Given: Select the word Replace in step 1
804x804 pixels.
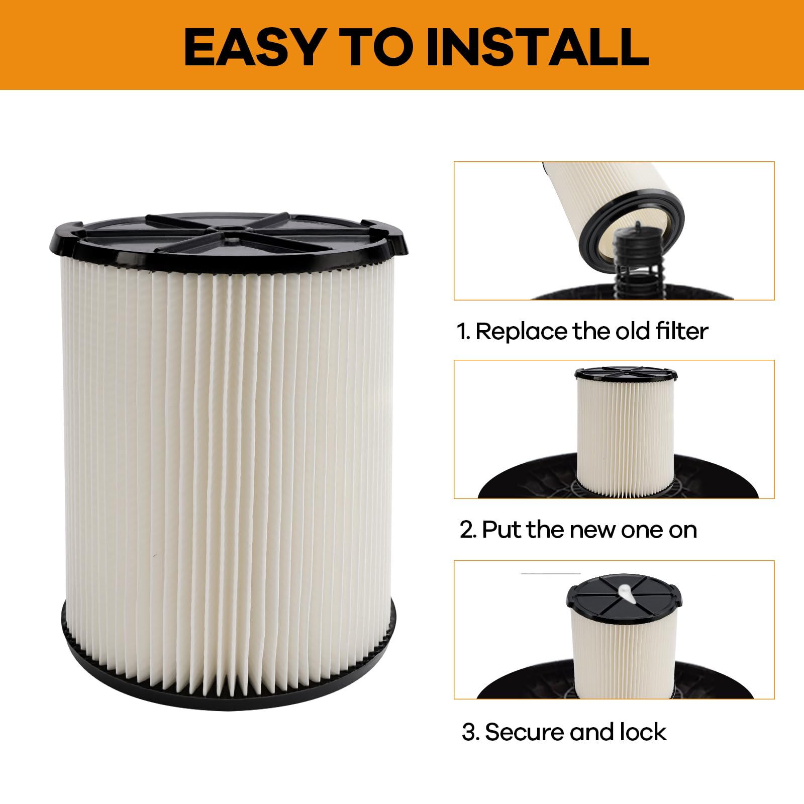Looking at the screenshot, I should (522, 332).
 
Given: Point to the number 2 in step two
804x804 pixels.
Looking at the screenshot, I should (467, 530).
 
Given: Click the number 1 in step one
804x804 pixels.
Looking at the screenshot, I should (462, 332).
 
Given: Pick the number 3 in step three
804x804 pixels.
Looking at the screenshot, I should (468, 732).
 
